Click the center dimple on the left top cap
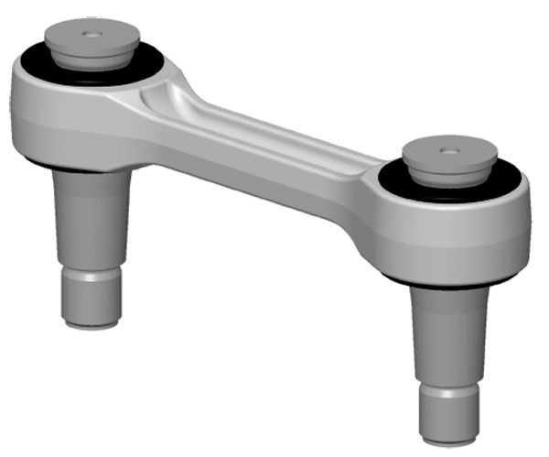(91, 34)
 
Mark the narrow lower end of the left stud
(91, 298)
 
